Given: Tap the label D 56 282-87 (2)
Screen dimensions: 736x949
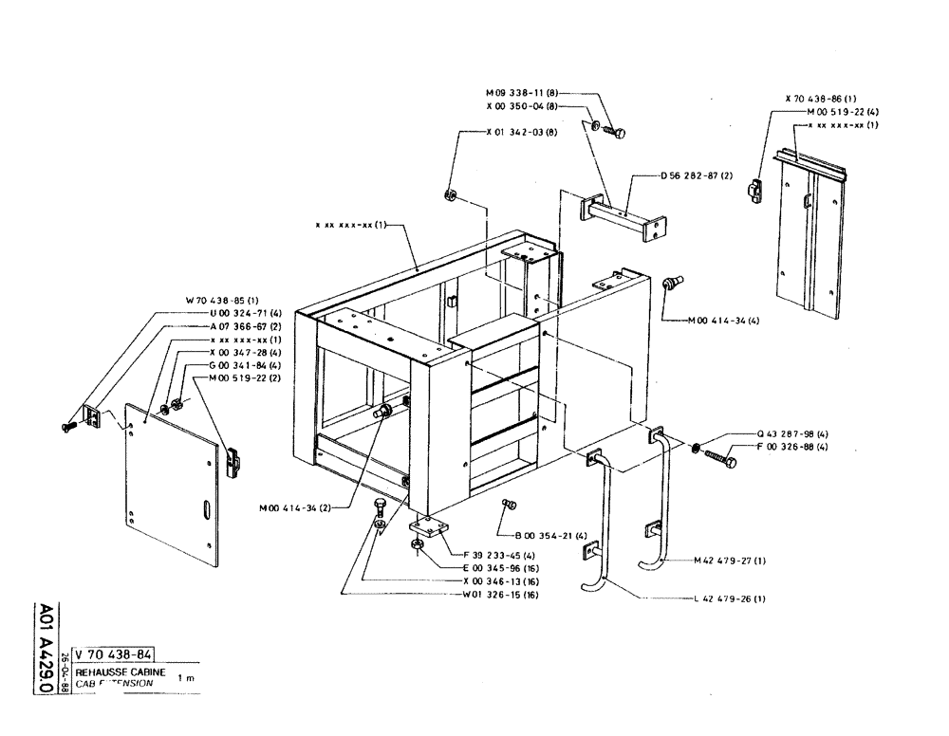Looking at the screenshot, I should pyautogui.click(x=698, y=175).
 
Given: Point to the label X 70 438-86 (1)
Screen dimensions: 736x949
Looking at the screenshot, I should pyautogui.click(x=821, y=99).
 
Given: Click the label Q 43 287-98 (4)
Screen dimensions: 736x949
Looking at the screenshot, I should pyautogui.click(x=791, y=435).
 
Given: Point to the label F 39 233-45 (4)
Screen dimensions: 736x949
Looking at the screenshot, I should pyautogui.click(x=498, y=555).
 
